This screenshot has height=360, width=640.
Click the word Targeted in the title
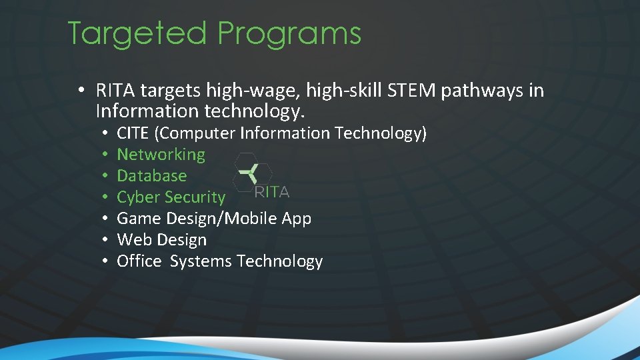(137, 33)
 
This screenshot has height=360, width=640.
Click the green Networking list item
(161, 155)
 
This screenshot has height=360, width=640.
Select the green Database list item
(151, 176)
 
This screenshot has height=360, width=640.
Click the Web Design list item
(161, 240)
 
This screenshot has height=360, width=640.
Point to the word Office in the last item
(139, 261)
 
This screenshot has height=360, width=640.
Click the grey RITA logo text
(272, 193)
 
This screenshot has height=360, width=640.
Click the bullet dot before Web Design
(106, 240)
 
